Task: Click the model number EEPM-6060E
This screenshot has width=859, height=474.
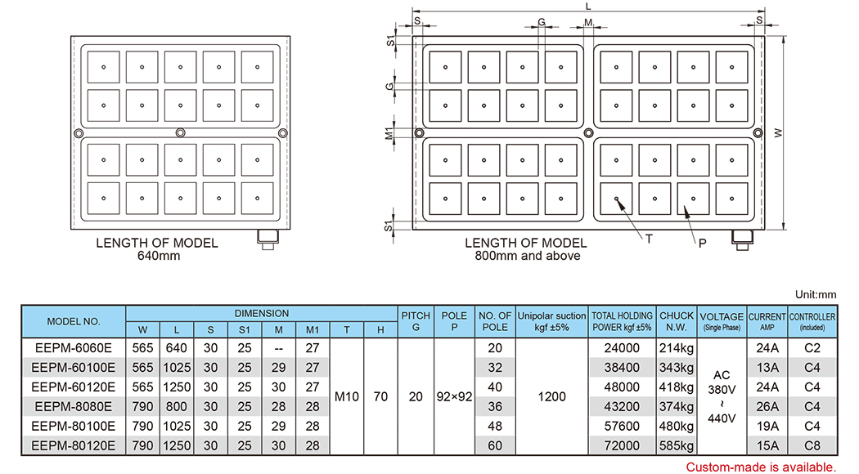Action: click(74, 347)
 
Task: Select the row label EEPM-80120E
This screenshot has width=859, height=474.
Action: click(74, 445)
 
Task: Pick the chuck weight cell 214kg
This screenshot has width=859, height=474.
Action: click(677, 347)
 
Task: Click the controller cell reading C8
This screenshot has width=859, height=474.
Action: click(811, 445)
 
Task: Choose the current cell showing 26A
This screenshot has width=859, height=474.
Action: click(767, 406)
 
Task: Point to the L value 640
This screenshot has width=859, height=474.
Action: click(177, 347)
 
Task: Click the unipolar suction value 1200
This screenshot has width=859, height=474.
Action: click(552, 396)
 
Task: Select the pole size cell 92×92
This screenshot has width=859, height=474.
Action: click(454, 396)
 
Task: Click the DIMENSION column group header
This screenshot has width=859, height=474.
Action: click(261, 313)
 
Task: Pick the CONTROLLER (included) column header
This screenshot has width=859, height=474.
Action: click(811, 321)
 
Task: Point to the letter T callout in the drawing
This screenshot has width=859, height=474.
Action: click(648, 239)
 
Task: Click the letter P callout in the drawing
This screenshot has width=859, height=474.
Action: click(702, 244)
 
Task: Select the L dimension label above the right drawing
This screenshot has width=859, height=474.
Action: click(588, 7)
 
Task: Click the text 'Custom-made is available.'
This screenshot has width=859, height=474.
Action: click(761, 467)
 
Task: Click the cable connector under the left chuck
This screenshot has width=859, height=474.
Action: click(268, 239)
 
